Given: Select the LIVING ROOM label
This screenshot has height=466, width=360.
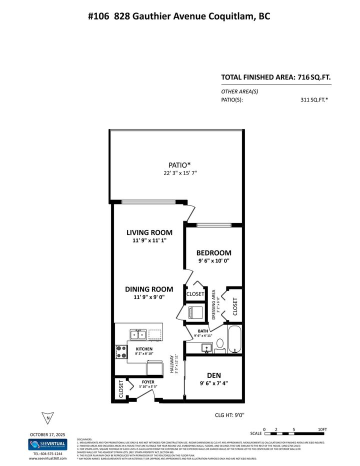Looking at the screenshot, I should [x=149, y=232].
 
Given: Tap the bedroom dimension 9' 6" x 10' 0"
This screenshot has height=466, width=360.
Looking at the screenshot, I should [x=213, y=261].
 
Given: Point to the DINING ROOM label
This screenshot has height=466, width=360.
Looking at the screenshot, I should [x=149, y=289].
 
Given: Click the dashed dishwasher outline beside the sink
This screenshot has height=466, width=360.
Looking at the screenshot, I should [x=155, y=334].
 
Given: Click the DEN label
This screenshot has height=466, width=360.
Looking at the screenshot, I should [x=214, y=375].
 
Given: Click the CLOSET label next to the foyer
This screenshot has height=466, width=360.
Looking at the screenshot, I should [x=121, y=389].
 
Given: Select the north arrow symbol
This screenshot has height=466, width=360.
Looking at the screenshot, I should [x=47, y=418].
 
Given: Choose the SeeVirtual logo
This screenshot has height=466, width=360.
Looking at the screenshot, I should [x=48, y=444].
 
